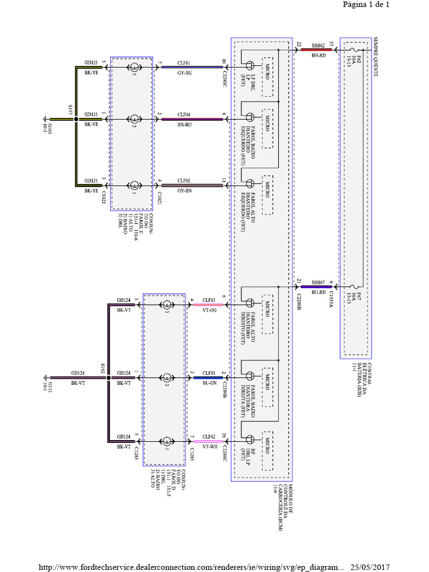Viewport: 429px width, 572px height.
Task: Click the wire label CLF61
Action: [184, 63]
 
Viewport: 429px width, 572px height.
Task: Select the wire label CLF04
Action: [184, 114]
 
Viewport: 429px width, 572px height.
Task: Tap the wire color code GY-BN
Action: [184, 190]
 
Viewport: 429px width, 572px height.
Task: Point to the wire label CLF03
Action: [208, 300]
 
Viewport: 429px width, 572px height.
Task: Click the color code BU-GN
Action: [208, 383]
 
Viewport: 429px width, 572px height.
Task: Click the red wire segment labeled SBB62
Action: [316, 50]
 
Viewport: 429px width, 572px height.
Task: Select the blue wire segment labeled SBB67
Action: [316, 287]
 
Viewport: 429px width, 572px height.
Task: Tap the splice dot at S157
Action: [77, 119]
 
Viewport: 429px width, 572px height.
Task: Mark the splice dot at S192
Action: [108, 378]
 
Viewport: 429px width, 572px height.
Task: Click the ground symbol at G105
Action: [46, 119]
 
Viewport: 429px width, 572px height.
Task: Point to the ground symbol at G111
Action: [45, 378]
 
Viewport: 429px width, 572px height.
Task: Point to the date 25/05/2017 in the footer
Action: [370, 567]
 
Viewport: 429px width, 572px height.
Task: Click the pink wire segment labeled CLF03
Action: [209, 305]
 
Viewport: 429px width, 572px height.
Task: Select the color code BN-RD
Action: [318, 55]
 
